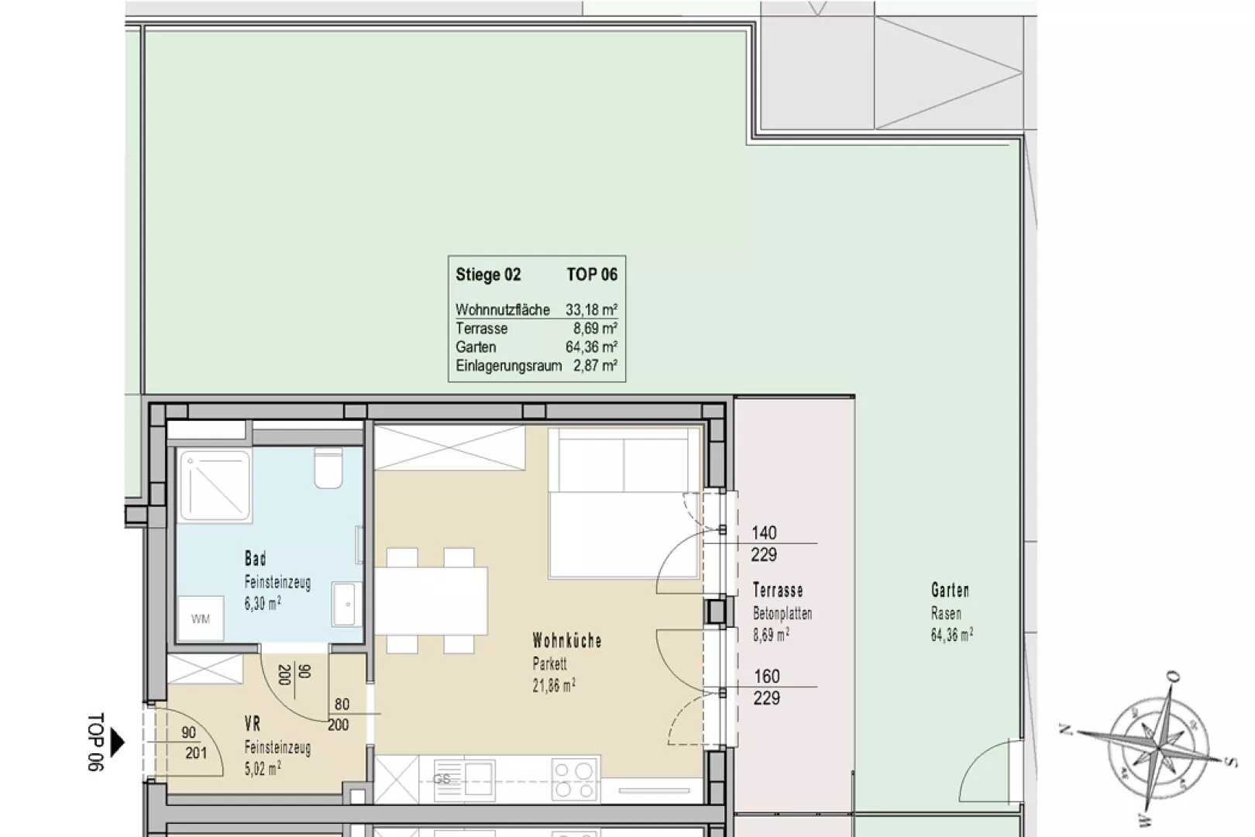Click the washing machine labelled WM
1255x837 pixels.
[x=201, y=618]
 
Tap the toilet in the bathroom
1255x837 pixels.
[x=328, y=468]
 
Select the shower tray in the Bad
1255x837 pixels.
[x=215, y=485]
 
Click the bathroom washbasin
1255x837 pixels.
[x=347, y=604]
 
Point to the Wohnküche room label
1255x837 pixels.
[x=567, y=641]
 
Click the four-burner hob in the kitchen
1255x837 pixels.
[x=574, y=779]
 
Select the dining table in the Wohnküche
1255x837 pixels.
[x=430, y=601]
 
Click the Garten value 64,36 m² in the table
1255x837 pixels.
[x=591, y=347]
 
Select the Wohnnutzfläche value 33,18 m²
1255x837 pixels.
[x=591, y=309]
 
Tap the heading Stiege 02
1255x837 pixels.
[x=488, y=274]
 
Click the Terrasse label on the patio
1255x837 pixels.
[x=778, y=591]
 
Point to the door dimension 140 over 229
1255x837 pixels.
[x=764, y=544]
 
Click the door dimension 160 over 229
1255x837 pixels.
[x=766, y=687]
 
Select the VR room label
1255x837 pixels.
[x=253, y=725]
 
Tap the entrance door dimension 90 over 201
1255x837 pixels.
[x=194, y=742]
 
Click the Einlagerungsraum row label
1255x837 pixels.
[x=509, y=366]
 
